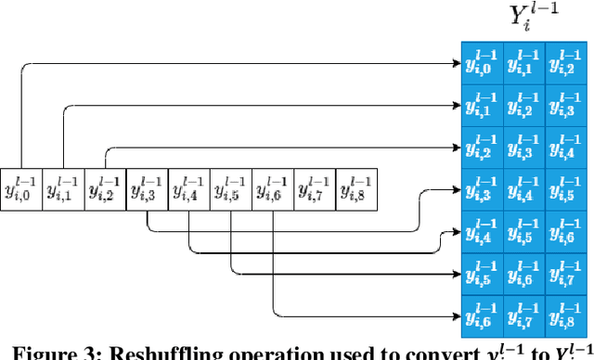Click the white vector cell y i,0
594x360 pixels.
(x=21, y=190)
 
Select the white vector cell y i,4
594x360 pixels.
(x=189, y=190)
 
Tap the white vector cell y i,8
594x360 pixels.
(x=356, y=190)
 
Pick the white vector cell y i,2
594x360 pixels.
(x=105, y=190)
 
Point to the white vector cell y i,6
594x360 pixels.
(x=273, y=190)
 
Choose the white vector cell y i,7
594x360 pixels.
(x=315, y=190)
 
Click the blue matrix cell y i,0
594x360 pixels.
(x=482, y=62)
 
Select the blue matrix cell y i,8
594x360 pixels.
(x=565, y=317)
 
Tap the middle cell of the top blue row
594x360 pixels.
(x=523, y=62)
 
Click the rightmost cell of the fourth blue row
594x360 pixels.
(x=565, y=190)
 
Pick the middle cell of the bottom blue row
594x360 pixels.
(x=523, y=317)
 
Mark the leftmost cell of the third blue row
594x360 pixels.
(x=482, y=148)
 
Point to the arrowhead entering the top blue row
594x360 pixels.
(x=455, y=62)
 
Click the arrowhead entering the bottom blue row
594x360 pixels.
(x=455, y=317)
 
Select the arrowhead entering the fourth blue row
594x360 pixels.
(x=455, y=190)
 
